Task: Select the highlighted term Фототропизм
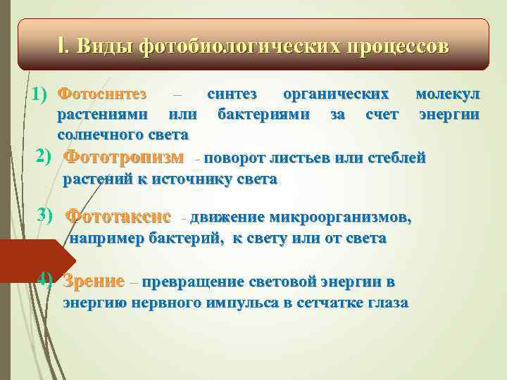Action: coord(124,156)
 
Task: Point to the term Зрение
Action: coord(94,282)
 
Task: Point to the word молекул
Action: coord(447,94)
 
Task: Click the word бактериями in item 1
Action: coord(263,113)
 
